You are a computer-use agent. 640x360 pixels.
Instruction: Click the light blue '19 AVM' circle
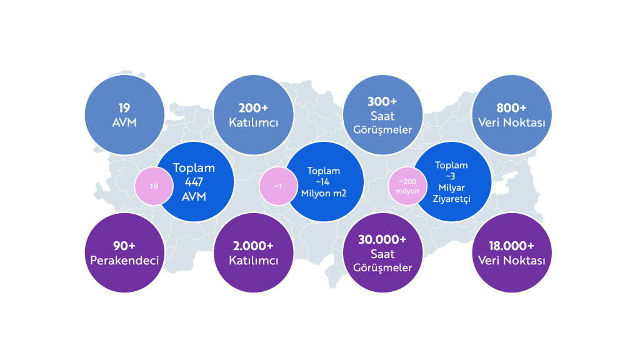[124, 115]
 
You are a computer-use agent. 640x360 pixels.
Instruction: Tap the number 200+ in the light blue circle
[253, 107]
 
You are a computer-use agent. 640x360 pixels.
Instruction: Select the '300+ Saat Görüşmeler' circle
[382, 115]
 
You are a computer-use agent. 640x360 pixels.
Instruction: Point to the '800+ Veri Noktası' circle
[512, 115]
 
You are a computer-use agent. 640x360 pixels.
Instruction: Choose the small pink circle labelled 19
[154, 186]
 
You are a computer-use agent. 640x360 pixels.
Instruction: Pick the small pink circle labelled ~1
[277, 186]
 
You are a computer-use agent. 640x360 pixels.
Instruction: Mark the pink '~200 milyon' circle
[407, 186]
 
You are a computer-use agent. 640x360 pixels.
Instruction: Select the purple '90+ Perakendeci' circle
[124, 252]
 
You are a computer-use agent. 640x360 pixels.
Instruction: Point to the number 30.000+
[382, 239]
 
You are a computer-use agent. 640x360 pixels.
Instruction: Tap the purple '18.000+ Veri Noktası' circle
[512, 252]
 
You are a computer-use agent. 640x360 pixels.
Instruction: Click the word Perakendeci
[124, 260]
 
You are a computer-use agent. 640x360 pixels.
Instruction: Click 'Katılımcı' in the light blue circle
[253, 122]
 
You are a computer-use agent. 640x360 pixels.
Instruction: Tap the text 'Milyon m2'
[324, 193]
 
